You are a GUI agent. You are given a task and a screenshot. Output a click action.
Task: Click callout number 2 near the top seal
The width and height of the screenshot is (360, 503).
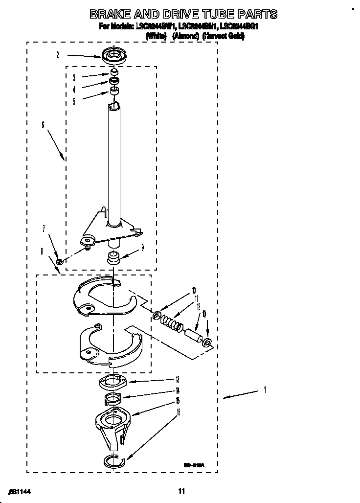tap(57, 56)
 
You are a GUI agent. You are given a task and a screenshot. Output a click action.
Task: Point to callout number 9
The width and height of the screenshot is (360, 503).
tap(142, 248)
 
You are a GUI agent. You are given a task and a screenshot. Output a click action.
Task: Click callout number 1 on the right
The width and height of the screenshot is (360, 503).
tap(265, 390)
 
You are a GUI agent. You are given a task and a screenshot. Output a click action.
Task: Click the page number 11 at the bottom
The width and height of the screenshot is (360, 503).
tap(181, 491)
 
